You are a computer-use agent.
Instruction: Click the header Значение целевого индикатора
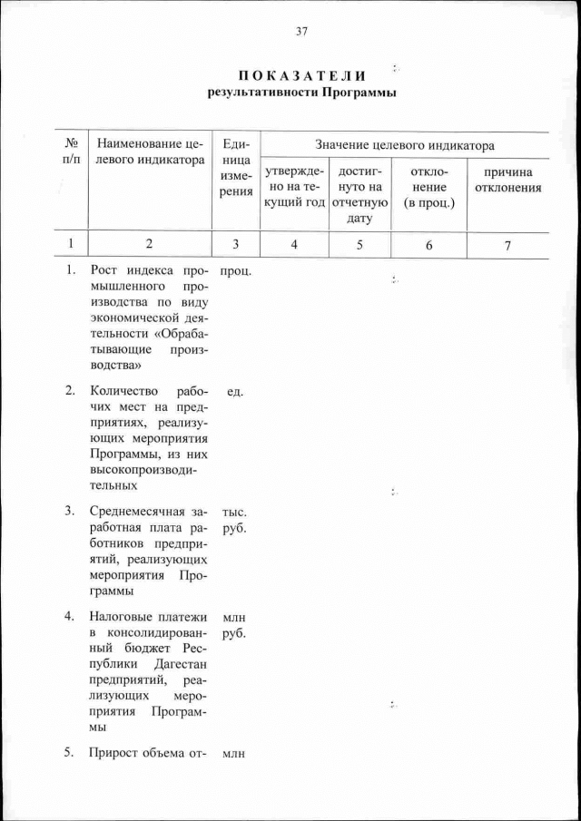404,144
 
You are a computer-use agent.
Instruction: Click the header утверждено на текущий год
293,186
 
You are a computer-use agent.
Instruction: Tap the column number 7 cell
508,244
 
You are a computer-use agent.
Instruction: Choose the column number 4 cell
293,244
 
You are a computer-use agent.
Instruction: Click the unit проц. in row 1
235,270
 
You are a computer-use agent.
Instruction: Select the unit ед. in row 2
235,391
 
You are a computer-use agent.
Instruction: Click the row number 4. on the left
69,616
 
